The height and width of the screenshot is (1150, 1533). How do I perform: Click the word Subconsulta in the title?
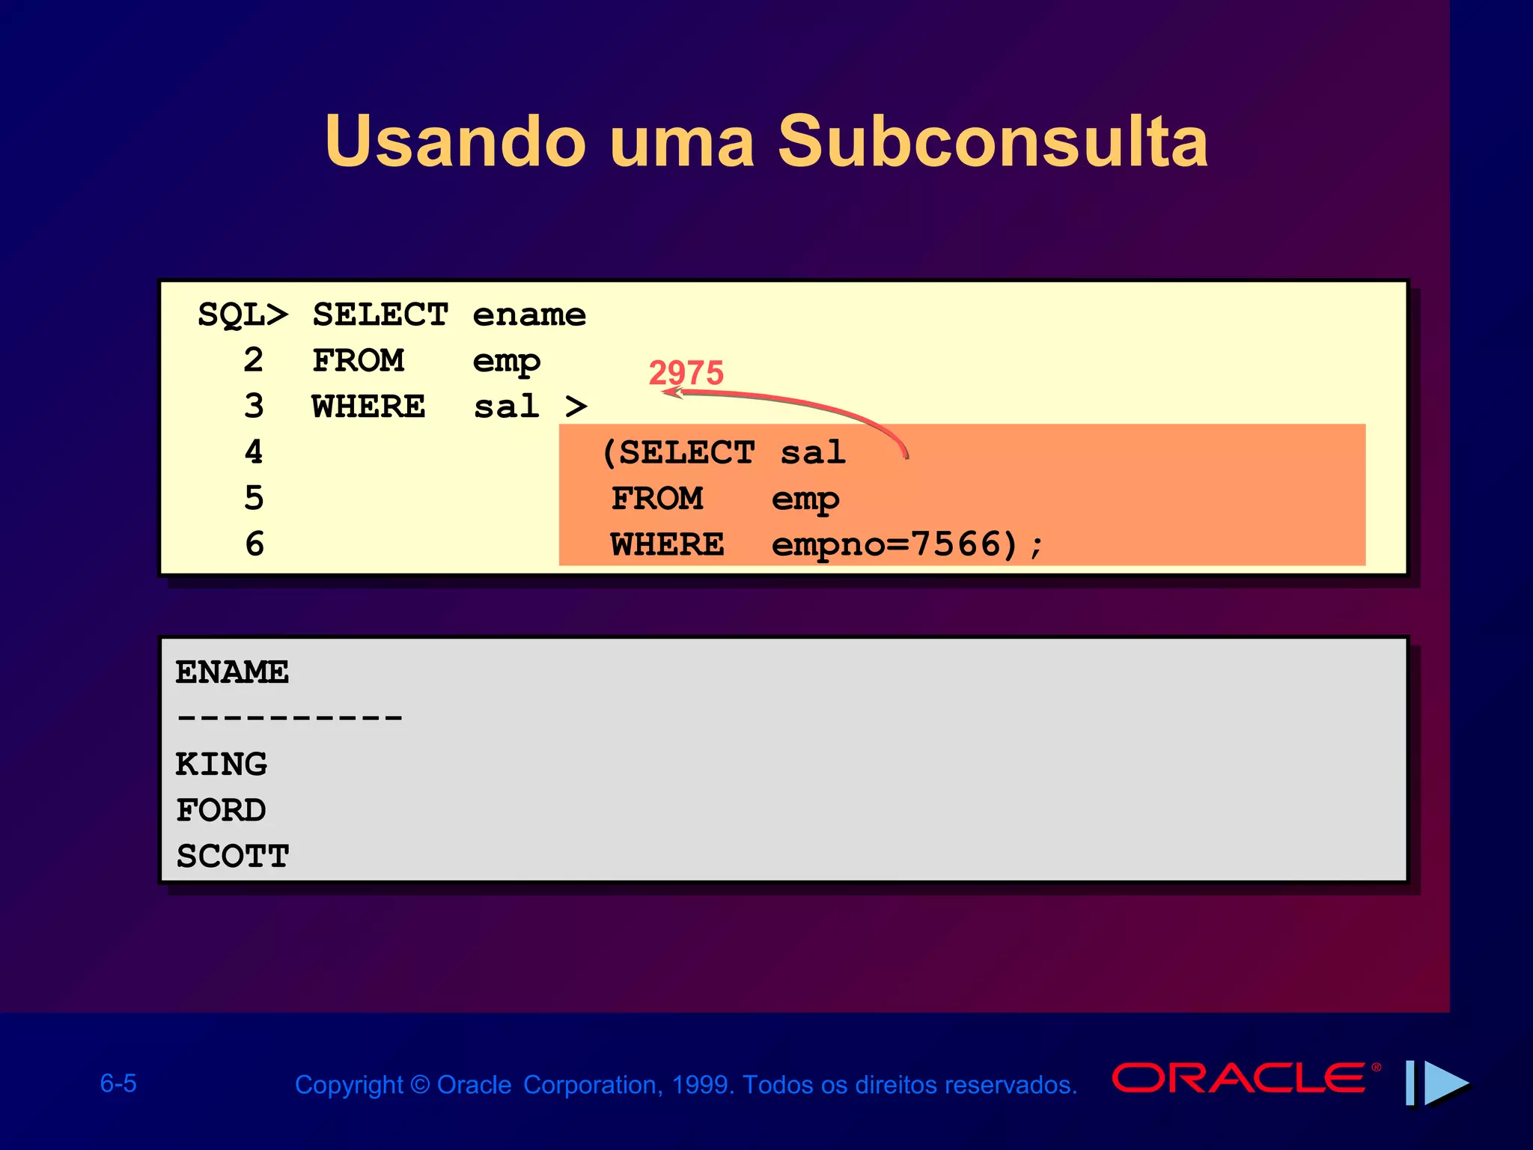tap(993, 142)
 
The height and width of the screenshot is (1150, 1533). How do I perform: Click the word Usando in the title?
tap(455, 142)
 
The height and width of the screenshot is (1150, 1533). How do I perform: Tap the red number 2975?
tap(686, 372)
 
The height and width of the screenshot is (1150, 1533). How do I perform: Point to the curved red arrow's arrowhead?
tap(670, 392)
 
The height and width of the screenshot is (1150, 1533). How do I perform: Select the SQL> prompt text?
tap(242, 315)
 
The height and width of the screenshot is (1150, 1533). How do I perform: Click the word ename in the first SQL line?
tap(529, 315)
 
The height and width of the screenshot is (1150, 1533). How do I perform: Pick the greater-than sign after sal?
tap(576, 407)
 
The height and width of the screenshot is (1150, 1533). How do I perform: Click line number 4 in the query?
tap(254, 452)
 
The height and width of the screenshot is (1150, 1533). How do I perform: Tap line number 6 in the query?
tap(255, 544)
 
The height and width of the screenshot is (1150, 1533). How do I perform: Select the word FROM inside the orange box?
tap(657, 499)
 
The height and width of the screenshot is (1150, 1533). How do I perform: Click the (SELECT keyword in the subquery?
tap(678, 453)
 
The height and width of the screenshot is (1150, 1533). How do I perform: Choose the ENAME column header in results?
tap(232, 672)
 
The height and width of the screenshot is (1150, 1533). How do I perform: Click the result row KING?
tap(222, 764)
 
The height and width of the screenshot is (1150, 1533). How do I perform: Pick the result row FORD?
tap(221, 810)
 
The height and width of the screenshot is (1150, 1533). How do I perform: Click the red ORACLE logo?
tap(1239, 1079)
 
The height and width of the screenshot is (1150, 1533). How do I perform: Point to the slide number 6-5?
tap(118, 1083)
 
